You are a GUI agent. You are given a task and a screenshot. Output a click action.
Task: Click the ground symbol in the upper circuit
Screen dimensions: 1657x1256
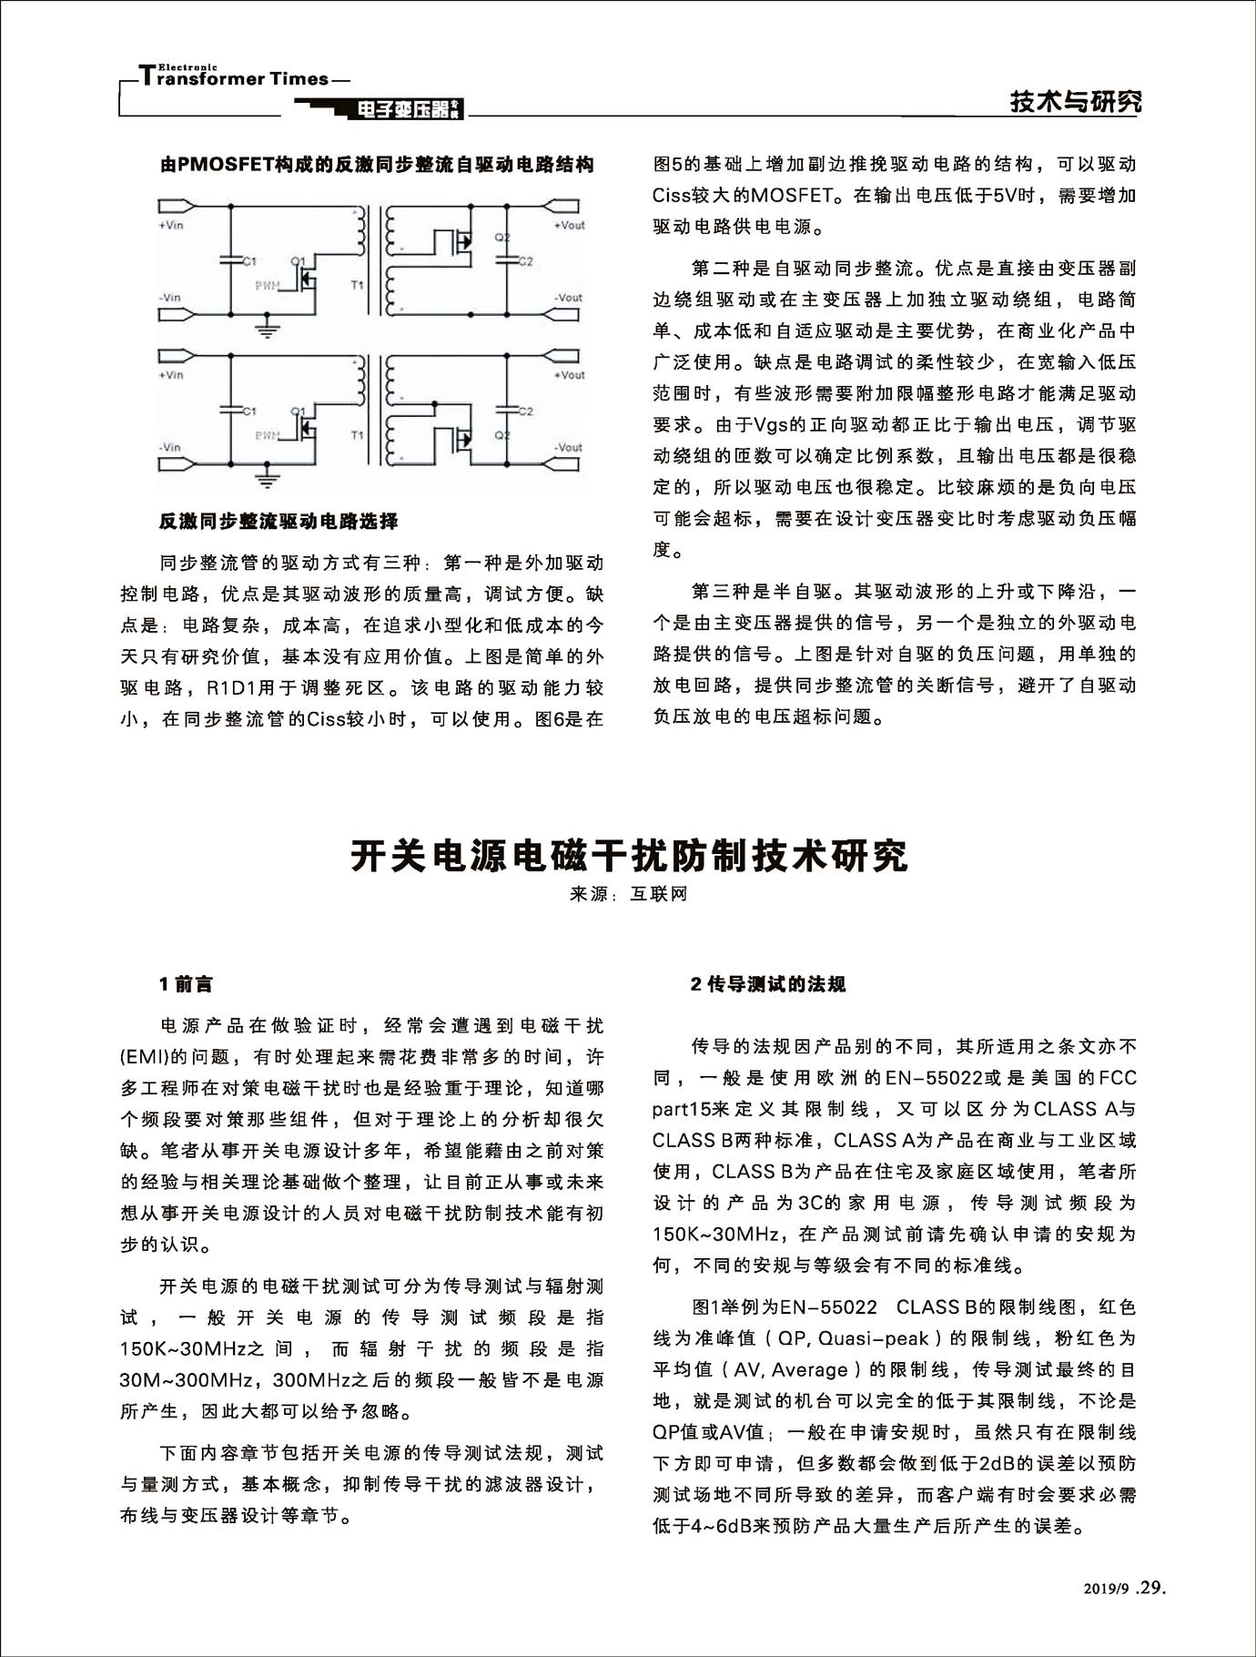click(x=266, y=329)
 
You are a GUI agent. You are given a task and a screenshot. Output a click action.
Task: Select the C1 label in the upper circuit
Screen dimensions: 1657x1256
click(x=249, y=261)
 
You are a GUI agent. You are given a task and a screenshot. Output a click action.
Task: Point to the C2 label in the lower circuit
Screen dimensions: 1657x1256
click(x=525, y=412)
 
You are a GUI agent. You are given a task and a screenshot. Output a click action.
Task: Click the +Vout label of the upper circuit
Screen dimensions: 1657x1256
click(x=569, y=225)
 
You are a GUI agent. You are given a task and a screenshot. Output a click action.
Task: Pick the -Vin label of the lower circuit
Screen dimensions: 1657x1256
click(x=170, y=447)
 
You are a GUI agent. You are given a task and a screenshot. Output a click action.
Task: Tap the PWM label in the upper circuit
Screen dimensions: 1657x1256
click(x=267, y=286)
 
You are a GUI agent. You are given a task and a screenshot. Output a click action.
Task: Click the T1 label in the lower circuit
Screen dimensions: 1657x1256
click(x=357, y=436)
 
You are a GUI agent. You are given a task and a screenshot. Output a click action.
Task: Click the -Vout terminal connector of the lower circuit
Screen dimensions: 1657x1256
click(x=562, y=464)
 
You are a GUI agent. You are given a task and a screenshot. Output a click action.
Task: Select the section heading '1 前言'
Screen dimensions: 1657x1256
click(x=186, y=984)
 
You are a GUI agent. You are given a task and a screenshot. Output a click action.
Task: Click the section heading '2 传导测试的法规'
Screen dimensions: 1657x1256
click(x=768, y=984)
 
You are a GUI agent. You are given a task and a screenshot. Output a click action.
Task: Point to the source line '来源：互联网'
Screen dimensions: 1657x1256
click(x=628, y=894)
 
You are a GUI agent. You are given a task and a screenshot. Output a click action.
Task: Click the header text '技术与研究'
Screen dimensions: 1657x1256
click(x=1076, y=102)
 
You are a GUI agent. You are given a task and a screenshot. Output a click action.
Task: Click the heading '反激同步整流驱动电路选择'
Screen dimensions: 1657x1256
click(x=278, y=522)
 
